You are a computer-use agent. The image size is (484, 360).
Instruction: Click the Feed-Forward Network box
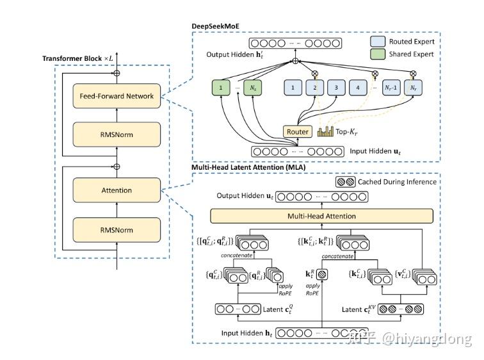117,96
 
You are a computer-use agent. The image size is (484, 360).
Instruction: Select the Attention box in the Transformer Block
117,190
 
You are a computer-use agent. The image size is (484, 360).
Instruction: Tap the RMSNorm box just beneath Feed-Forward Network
117,135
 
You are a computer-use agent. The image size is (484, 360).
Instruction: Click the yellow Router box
298,131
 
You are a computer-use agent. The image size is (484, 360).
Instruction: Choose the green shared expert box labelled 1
220,87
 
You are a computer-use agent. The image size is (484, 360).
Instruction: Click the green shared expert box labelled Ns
254,87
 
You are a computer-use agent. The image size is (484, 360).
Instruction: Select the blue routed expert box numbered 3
336,87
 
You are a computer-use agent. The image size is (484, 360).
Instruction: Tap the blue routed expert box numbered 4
359,87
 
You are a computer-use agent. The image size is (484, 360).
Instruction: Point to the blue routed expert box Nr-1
392,87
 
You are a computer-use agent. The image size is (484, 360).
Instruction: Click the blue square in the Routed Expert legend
378,42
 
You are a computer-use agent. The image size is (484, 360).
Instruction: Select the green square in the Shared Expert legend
378,54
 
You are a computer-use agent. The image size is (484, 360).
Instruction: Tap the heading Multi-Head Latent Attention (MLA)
250,168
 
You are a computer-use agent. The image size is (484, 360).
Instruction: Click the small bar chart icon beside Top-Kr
325,131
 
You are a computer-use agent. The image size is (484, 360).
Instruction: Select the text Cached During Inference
397,182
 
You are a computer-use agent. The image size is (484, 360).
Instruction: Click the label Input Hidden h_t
246,334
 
